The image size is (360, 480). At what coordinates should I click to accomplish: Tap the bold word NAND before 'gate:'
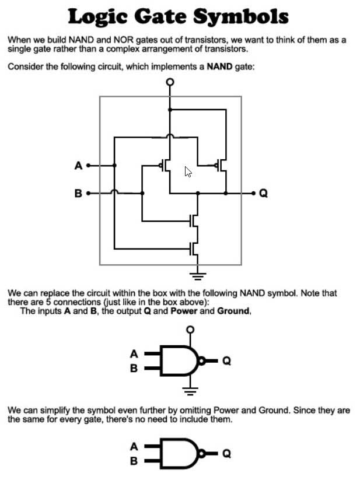click(219, 66)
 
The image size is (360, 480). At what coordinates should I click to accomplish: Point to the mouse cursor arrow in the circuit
click(188, 171)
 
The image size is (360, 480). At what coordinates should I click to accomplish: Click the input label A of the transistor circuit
click(78, 166)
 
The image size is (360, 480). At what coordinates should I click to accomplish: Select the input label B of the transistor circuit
click(78, 193)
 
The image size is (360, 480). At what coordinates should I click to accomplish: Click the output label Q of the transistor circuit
click(263, 193)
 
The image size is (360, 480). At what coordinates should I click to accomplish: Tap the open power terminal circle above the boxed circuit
click(170, 82)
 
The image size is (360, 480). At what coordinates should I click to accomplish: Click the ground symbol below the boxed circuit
click(198, 276)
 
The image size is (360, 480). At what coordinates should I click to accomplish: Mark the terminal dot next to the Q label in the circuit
click(253, 193)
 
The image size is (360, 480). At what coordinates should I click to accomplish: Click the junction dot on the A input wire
click(114, 166)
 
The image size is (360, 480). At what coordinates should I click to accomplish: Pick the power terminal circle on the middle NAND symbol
click(190, 330)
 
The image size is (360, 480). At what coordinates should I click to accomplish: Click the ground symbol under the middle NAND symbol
click(190, 391)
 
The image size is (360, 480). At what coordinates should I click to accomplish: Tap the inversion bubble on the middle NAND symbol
click(202, 361)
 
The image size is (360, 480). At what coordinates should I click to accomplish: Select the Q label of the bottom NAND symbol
click(226, 453)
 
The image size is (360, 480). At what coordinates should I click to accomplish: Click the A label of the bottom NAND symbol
click(134, 447)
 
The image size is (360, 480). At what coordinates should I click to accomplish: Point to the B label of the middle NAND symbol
click(134, 368)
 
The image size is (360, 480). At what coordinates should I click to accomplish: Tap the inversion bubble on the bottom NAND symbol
click(202, 453)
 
